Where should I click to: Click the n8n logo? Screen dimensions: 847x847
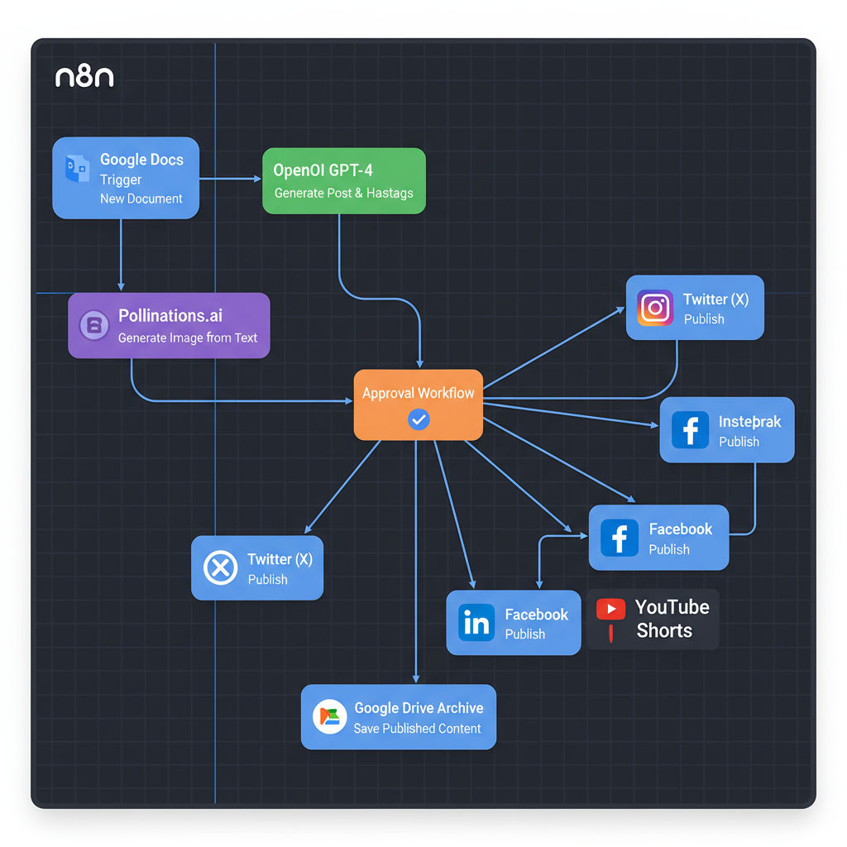[84, 78]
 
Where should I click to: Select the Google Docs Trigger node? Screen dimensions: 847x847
[126, 178]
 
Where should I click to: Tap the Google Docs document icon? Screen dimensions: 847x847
[76, 168]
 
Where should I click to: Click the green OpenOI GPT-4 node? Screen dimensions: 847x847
[343, 181]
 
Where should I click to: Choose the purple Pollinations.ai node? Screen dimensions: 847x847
[169, 325]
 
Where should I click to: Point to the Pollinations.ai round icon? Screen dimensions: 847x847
[93, 325]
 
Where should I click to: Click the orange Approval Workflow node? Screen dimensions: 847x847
[418, 404]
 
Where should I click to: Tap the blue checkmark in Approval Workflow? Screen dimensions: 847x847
[419, 420]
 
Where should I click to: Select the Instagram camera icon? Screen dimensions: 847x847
[655, 308]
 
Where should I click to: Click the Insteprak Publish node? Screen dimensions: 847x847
[726, 429]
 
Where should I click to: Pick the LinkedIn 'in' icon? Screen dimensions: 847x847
[476, 623]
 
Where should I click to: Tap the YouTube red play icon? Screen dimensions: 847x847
[610, 610]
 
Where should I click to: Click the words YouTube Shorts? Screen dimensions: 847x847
[672, 619]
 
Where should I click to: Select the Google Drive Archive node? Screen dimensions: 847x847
[398, 716]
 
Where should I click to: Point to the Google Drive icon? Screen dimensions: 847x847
[329, 716]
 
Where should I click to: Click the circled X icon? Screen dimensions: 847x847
[220, 567]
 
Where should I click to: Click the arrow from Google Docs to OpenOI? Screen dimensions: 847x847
[230, 178]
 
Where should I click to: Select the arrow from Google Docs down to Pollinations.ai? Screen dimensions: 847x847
[121, 256]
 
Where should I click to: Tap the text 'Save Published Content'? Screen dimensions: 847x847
[417, 729]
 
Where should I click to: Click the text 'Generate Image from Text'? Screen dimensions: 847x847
[188, 337]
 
